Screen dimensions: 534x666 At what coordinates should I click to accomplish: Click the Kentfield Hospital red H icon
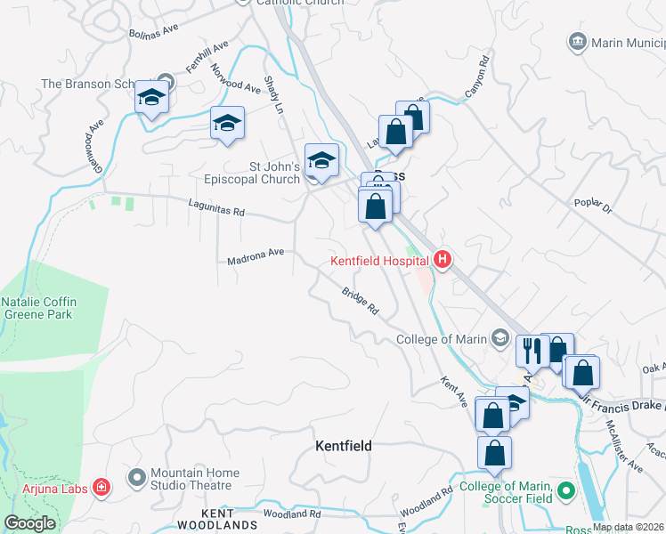click(443, 260)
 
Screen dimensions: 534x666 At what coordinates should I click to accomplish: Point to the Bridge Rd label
click(361, 302)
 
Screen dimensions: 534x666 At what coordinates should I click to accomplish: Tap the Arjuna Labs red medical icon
click(102, 487)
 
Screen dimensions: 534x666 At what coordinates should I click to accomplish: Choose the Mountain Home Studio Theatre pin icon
click(136, 479)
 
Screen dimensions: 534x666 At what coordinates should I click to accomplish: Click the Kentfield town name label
click(344, 445)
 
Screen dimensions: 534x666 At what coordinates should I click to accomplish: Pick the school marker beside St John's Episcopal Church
click(321, 161)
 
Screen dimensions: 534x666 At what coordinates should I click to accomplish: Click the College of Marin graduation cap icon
click(501, 338)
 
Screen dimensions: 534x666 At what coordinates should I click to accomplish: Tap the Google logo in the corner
click(29, 523)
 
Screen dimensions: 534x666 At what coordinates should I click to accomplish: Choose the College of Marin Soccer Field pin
click(564, 490)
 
